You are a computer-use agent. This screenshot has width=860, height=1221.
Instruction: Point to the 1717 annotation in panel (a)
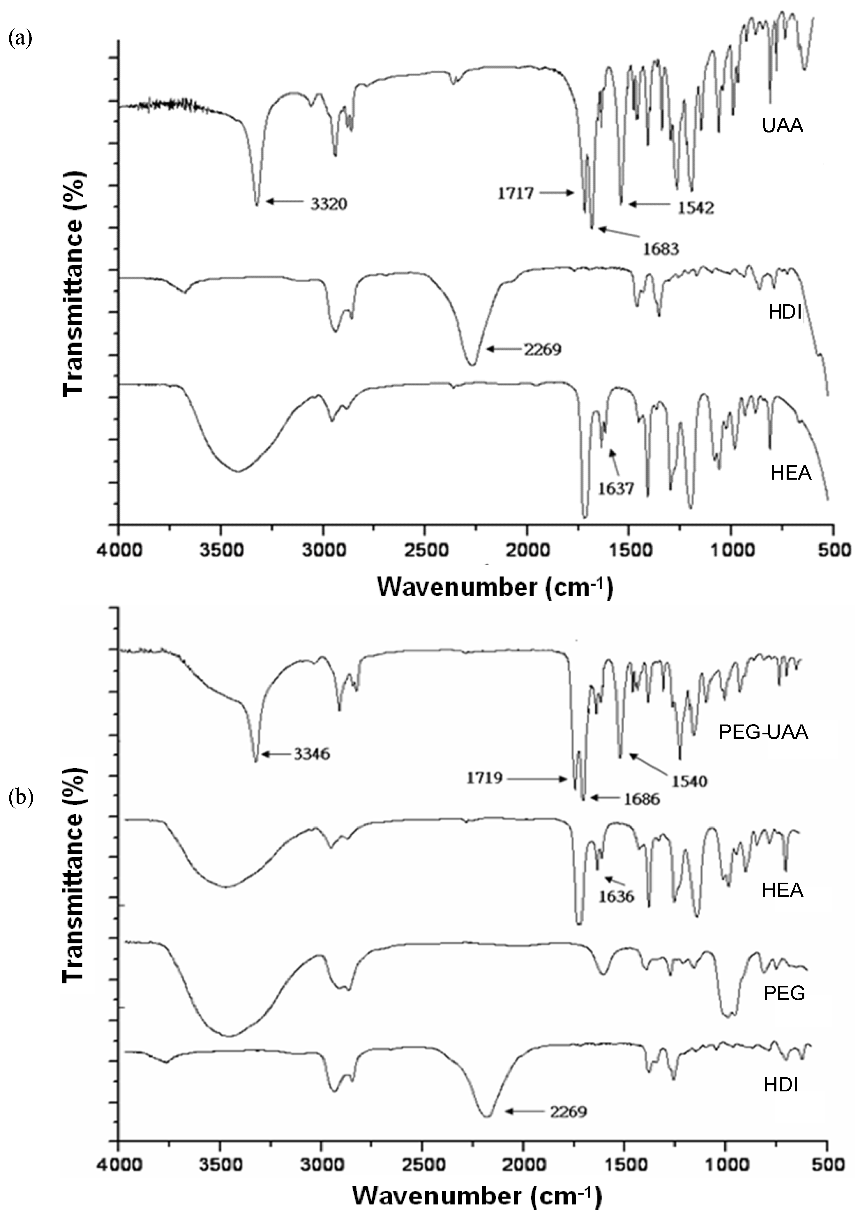pyautogui.click(x=515, y=193)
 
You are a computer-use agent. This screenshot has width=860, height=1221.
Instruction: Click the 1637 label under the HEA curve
pyautogui.click(x=615, y=488)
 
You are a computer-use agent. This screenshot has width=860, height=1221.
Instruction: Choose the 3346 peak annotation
pyautogui.click(x=311, y=754)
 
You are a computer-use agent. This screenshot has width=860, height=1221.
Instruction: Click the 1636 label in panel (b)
pyautogui.click(x=617, y=897)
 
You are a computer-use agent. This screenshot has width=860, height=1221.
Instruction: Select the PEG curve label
pyautogui.click(x=784, y=993)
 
